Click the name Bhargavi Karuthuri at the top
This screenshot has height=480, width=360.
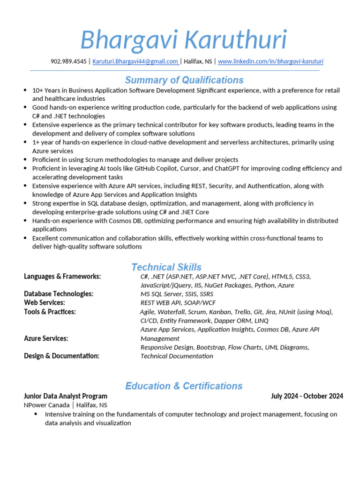(x=183, y=40)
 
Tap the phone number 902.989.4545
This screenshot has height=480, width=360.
(x=68, y=61)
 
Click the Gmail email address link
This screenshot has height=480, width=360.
(x=135, y=61)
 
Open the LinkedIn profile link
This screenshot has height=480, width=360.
(x=270, y=61)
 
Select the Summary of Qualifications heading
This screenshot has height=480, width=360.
(x=184, y=80)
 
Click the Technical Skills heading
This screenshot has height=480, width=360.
(x=166, y=267)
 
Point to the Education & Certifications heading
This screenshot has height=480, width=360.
(x=184, y=386)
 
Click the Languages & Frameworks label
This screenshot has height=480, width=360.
(x=62, y=277)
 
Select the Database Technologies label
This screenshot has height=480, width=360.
(x=59, y=294)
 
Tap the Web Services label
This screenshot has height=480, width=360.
(x=44, y=303)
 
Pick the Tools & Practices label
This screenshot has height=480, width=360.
(x=50, y=312)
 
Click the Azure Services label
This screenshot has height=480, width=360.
(x=46, y=338)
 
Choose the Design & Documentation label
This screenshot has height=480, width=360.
(x=61, y=356)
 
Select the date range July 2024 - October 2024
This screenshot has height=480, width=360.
(x=307, y=396)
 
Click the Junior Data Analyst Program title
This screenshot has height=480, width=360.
(x=66, y=396)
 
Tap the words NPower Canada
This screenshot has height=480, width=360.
(x=46, y=405)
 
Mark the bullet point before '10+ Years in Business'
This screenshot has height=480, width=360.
(x=25, y=90)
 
